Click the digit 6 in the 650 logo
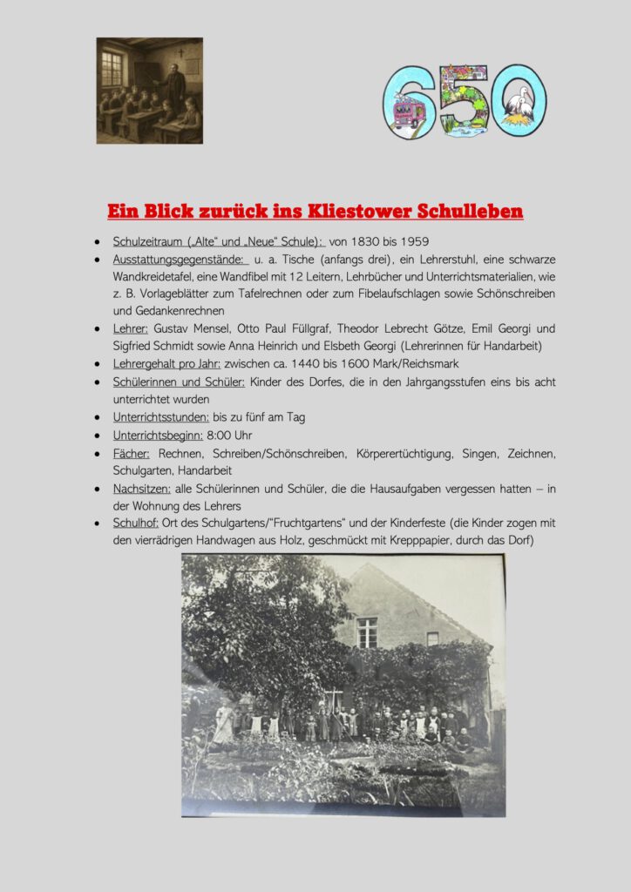405,103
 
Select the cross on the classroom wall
180,52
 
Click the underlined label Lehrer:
131,329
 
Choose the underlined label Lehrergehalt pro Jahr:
166,364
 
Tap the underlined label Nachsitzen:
142,489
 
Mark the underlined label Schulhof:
136,524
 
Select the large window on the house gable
367,632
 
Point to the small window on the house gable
432,639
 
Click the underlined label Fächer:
132,453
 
